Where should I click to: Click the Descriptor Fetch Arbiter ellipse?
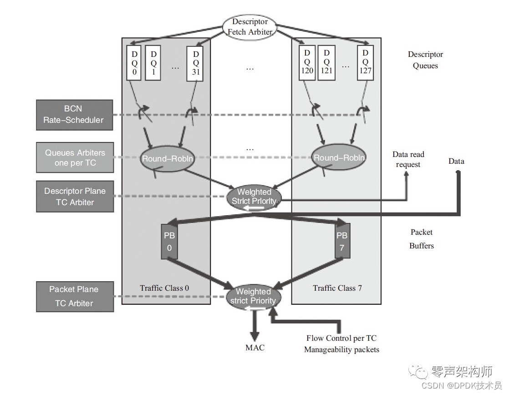(x=250, y=27)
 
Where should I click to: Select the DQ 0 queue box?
(x=133, y=62)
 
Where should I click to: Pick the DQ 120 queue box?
(x=307, y=62)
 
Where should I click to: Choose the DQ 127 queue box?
(x=365, y=62)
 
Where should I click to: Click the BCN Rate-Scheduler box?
(x=74, y=114)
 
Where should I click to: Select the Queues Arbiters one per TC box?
(x=75, y=157)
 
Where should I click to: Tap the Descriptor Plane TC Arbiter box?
(x=75, y=197)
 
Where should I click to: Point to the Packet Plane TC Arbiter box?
(x=75, y=296)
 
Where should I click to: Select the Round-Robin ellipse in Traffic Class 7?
(x=339, y=157)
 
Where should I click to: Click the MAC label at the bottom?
(x=254, y=348)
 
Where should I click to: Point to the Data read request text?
(x=408, y=159)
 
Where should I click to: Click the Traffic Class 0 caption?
(x=164, y=288)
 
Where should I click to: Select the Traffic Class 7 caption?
(x=337, y=288)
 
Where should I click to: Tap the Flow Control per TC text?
(x=341, y=338)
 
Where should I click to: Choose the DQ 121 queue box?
(x=326, y=62)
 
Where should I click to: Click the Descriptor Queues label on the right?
(x=425, y=60)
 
